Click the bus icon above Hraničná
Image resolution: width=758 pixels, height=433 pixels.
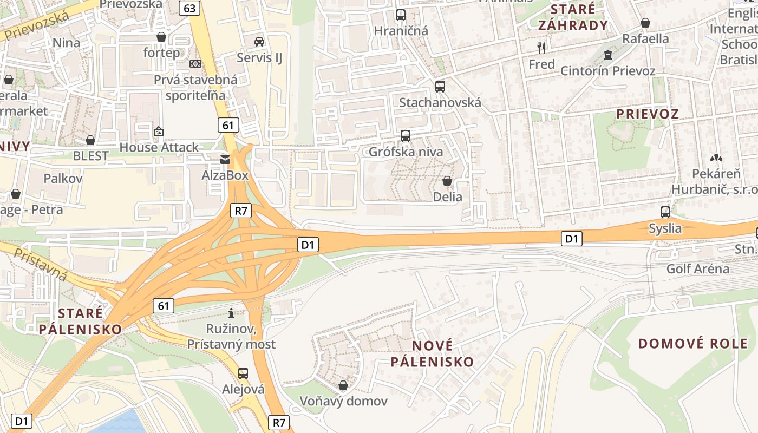coord(401,15)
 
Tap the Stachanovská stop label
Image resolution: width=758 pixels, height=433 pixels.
coord(440,102)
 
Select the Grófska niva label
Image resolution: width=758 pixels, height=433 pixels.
coord(406,152)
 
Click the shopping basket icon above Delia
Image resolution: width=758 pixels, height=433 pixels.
coord(447,181)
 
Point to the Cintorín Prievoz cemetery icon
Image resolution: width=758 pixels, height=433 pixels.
coord(608,55)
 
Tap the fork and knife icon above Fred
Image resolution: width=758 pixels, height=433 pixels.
coord(541,48)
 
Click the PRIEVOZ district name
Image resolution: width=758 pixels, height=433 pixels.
coord(648,114)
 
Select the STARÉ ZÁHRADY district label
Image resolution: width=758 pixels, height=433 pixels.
coord(573,17)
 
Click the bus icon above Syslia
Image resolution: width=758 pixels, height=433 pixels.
coord(665,212)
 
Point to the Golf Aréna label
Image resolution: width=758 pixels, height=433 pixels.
coord(697,268)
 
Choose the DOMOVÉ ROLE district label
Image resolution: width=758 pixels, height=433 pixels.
coord(692,343)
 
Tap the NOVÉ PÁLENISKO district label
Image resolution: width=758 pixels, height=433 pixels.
coord(432,353)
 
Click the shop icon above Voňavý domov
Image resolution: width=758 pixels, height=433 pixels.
coord(343,385)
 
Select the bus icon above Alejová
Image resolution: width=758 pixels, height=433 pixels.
coord(243,373)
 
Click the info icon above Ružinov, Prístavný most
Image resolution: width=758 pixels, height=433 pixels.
coord(231,312)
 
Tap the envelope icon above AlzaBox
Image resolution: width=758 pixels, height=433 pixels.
coord(225,159)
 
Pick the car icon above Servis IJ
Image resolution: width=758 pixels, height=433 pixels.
coord(259,41)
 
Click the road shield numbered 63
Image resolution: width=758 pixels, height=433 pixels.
coord(190,8)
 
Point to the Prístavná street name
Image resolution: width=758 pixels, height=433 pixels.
coord(41,265)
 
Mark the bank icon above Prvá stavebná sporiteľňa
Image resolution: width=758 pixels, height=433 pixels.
coord(195,63)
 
